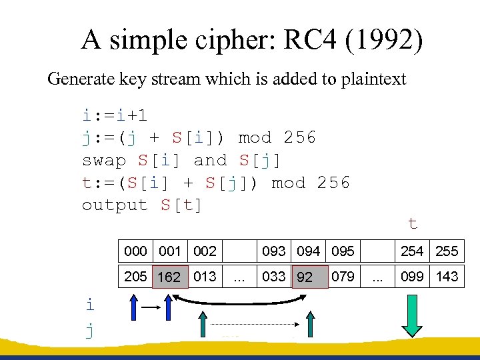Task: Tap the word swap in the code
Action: pos(104,161)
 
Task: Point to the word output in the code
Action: pos(115,205)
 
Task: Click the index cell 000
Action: pos(135,251)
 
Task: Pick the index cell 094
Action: pos(308,251)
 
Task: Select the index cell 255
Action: pos(447,251)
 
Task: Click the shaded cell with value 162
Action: pos(169,277)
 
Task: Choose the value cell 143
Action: pos(447,277)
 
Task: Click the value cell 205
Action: pos(135,277)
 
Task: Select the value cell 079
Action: pos(343,277)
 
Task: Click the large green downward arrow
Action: pos(413,319)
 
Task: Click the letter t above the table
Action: pos(413,224)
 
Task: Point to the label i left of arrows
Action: pos(90,305)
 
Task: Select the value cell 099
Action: pos(413,277)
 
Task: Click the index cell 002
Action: pos(205,251)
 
